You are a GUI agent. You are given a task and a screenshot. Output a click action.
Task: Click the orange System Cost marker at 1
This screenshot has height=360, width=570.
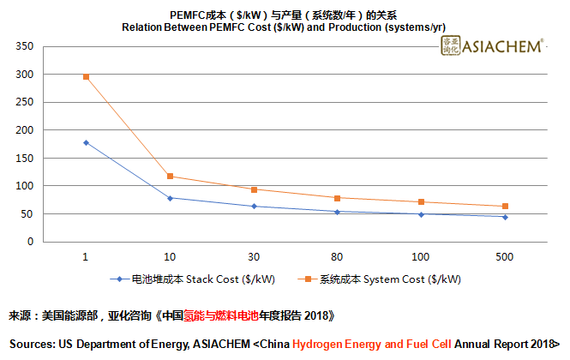coord(86,77)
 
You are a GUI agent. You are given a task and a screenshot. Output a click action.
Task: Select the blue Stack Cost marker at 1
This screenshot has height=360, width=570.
coord(86,142)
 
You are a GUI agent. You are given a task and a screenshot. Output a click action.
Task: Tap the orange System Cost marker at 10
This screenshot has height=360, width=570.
coord(170,177)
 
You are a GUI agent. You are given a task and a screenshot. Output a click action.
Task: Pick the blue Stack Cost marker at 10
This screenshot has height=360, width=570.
coord(170,198)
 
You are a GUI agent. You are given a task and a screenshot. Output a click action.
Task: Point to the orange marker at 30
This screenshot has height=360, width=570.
coord(254,189)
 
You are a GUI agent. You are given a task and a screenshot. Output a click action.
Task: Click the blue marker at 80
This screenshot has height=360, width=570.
coord(337,212)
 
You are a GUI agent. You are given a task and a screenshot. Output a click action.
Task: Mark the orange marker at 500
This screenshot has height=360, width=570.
coord(505,207)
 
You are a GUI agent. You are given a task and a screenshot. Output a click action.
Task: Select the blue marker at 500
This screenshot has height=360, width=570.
coord(505,217)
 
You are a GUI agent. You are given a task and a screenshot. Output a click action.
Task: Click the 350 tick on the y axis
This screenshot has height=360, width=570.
coord(25,46)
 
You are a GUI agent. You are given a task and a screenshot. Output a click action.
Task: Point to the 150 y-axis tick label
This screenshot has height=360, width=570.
coord(25,159)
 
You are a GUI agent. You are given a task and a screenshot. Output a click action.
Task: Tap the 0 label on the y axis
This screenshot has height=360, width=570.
coord(30,242)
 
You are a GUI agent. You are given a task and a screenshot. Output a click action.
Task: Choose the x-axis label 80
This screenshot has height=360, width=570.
coord(337,257)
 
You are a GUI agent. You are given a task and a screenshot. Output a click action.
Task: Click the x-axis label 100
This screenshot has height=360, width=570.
coord(421,257)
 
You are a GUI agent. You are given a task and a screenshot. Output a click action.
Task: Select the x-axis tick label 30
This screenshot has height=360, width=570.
coord(254,257)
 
